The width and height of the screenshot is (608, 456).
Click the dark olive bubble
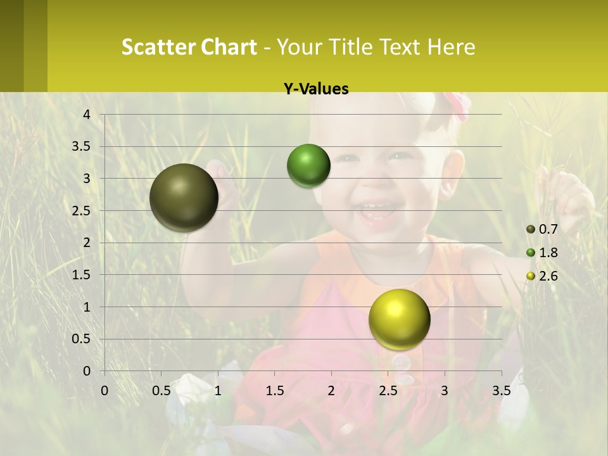(184, 198)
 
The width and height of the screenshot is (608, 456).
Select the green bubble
(308, 165)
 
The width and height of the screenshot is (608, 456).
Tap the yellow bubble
(399, 319)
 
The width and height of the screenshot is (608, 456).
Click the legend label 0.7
(548, 229)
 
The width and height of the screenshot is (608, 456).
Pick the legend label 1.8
(548, 253)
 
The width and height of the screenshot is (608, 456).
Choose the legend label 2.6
(548, 276)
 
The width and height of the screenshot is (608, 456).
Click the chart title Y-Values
(316, 89)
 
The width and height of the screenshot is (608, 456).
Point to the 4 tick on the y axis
(87, 114)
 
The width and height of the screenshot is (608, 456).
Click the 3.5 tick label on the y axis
(82, 146)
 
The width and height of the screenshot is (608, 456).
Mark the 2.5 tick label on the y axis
(82, 210)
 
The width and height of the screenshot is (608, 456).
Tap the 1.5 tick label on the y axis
(82, 275)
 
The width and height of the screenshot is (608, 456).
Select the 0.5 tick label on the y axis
(82, 339)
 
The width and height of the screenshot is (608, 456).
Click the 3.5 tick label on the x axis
(501, 390)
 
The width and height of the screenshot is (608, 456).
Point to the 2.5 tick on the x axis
(388, 390)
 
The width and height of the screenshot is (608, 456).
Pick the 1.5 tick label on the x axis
(275, 390)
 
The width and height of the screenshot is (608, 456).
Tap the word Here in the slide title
(451, 47)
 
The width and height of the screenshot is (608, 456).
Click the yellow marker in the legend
(531, 276)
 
